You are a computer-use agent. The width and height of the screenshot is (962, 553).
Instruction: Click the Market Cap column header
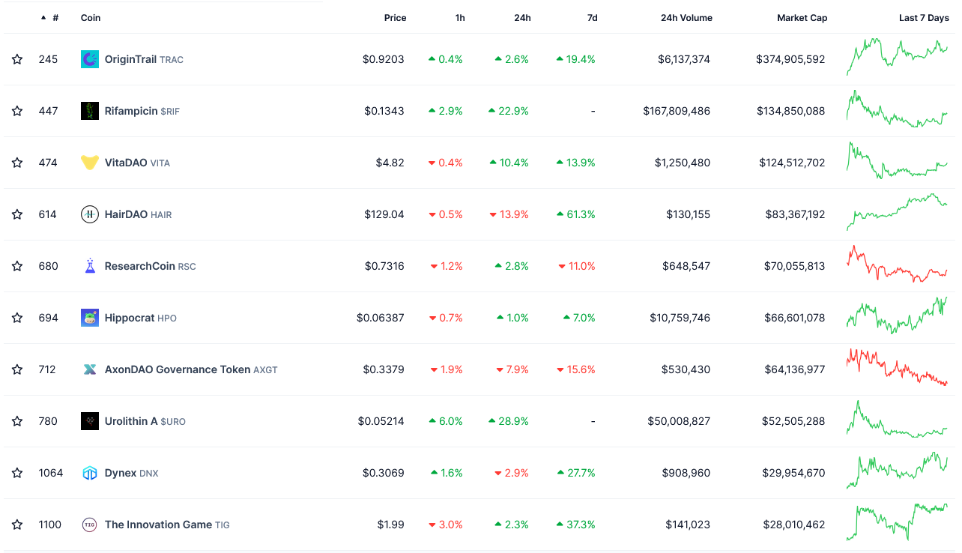pyautogui.click(x=802, y=18)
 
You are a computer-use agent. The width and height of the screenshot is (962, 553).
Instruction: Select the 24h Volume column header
pyautogui.click(x=686, y=18)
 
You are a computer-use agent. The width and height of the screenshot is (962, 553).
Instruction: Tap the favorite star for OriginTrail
pyautogui.click(x=17, y=59)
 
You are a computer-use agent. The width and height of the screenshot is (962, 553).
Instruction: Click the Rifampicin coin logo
pyautogui.click(x=90, y=111)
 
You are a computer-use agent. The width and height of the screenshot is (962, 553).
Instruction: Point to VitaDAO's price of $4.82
pyautogui.click(x=390, y=163)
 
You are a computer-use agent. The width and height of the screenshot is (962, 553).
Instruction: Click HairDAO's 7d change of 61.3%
pyautogui.click(x=576, y=214)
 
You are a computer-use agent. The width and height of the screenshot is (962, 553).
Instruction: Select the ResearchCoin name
pyautogui.click(x=139, y=266)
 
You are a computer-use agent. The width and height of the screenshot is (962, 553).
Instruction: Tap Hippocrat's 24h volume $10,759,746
pyautogui.click(x=680, y=318)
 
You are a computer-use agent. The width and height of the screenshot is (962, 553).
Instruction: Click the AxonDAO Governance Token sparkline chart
pyautogui.click(x=897, y=367)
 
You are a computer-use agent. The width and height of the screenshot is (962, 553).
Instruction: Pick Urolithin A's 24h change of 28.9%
pyautogui.click(x=509, y=421)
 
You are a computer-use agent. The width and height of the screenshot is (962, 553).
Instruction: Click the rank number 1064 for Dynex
pyautogui.click(x=51, y=473)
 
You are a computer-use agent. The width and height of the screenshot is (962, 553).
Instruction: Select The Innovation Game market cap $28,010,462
pyautogui.click(x=794, y=525)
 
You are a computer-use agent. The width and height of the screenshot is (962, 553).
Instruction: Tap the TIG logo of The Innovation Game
pyautogui.click(x=89, y=525)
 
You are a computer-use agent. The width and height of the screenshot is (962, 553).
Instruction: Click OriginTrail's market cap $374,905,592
pyautogui.click(x=790, y=59)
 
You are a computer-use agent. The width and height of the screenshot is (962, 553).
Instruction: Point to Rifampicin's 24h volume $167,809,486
pyautogui.click(x=677, y=111)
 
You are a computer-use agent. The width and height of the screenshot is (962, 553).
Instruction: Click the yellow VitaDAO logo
pyautogui.click(x=90, y=163)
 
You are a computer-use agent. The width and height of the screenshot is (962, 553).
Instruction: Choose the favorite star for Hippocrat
pyautogui.click(x=17, y=318)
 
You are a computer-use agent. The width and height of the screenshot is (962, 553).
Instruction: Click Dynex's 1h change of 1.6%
pyautogui.click(x=447, y=473)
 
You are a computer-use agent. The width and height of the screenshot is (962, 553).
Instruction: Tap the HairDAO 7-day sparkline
pyautogui.click(x=897, y=212)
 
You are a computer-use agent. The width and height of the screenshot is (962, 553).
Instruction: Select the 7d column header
pyautogui.click(x=592, y=18)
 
